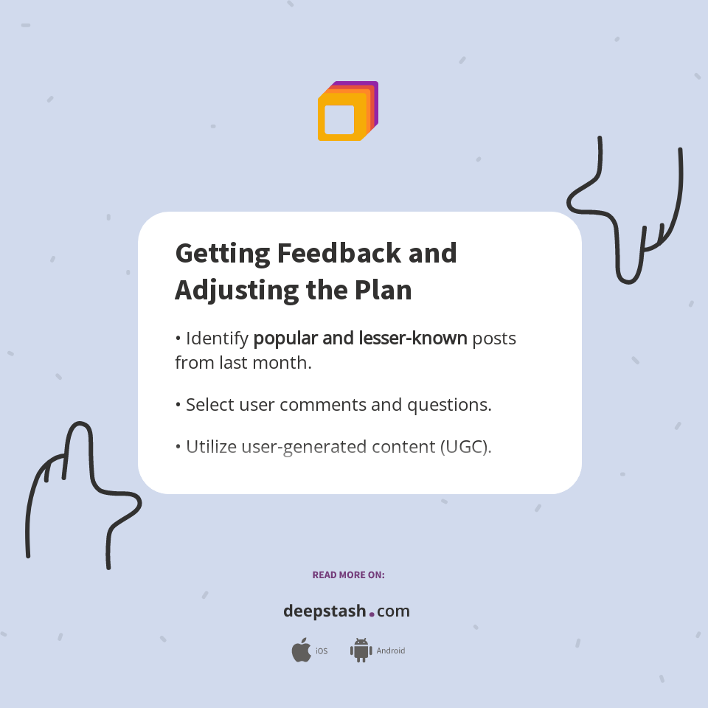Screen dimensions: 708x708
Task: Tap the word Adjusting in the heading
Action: pos(226,290)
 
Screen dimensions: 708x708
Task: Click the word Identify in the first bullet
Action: pos(217,339)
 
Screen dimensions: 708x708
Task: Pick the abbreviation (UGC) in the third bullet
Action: pos(465,447)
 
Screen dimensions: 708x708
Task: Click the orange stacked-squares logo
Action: pos(347,111)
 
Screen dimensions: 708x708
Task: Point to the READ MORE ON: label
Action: pos(348,575)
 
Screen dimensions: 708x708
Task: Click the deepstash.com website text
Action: pos(347,611)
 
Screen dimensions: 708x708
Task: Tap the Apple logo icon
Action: pos(301,650)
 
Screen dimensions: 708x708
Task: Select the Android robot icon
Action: pos(361,650)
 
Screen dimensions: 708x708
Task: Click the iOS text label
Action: pos(322,651)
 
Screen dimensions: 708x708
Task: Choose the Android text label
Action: pos(391,651)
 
